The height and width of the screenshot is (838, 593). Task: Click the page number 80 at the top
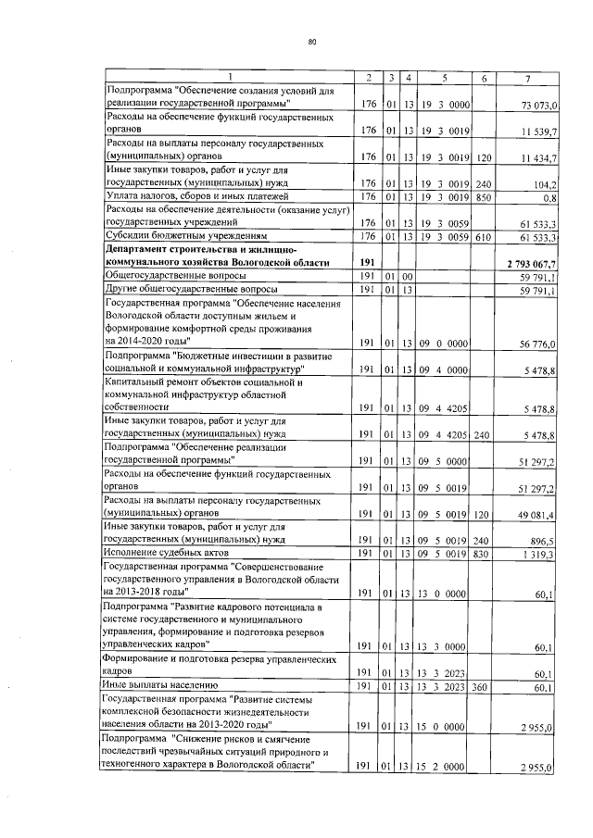click(312, 42)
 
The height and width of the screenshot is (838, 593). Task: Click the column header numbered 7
click(527, 76)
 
